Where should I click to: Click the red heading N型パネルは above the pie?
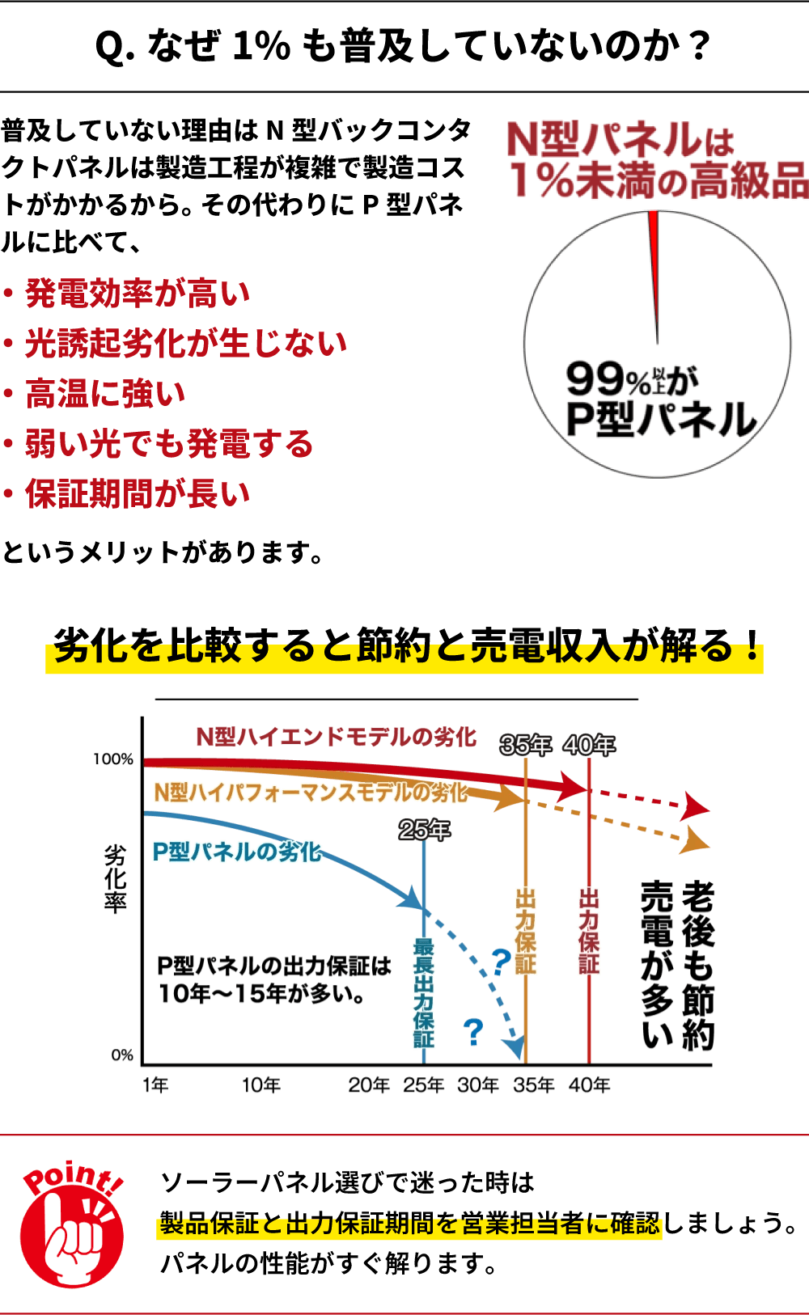click(x=620, y=140)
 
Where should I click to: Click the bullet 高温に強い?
click(x=105, y=394)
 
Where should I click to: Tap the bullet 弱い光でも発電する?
click(x=169, y=444)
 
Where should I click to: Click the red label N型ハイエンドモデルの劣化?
click(x=336, y=737)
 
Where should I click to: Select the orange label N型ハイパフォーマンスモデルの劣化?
click(x=311, y=792)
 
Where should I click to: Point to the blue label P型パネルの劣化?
click(x=237, y=852)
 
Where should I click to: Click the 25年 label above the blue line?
click(x=424, y=830)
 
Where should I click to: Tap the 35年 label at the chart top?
click(x=525, y=745)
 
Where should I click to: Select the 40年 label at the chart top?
click(x=589, y=745)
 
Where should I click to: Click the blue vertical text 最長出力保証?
click(x=424, y=992)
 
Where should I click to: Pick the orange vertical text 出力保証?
click(x=526, y=930)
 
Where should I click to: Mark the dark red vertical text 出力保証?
click(x=589, y=930)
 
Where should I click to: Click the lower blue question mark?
click(x=472, y=1033)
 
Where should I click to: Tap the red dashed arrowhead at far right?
click(x=697, y=806)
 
